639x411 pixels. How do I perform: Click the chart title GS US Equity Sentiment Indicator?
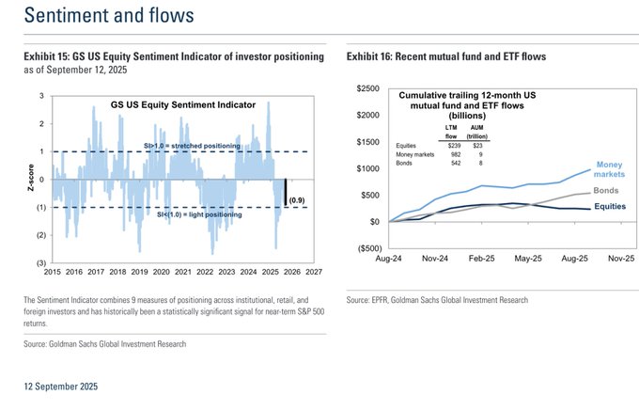pos(183,105)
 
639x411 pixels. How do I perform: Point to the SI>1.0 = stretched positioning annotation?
pos(192,147)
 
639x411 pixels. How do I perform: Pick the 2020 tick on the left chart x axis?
pos(161,271)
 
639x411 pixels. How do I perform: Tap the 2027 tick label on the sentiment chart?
pos(313,271)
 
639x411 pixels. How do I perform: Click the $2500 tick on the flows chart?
pos(368,88)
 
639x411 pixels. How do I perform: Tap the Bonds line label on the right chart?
pos(606,192)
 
